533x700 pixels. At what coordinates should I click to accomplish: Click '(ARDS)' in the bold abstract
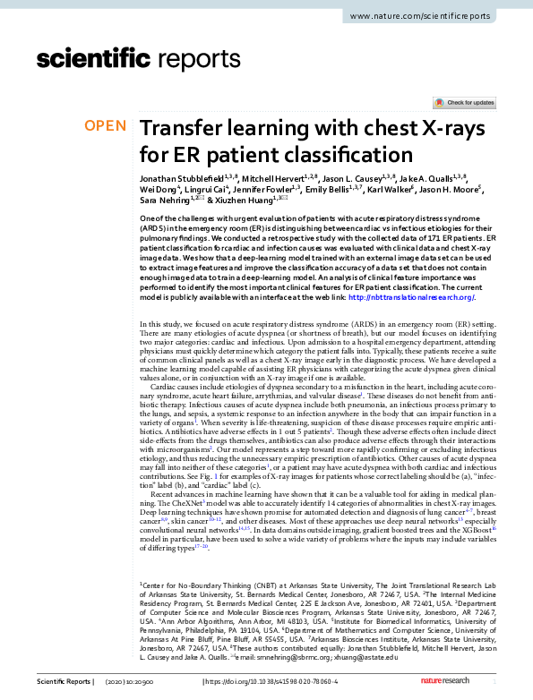(x=154, y=228)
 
